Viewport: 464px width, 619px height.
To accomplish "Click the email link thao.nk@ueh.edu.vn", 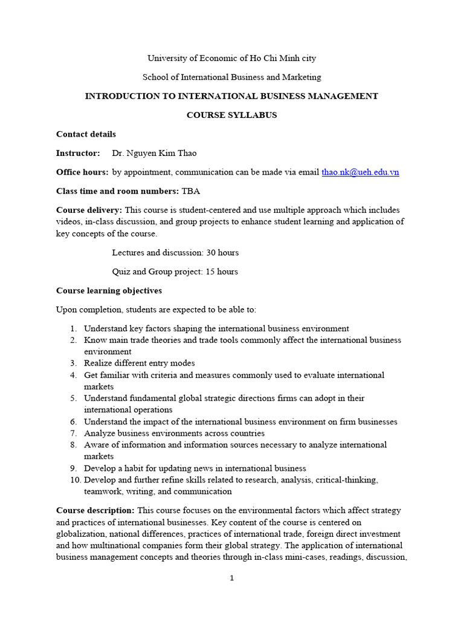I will point(360,172).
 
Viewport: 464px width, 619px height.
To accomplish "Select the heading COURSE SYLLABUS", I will point(231,115).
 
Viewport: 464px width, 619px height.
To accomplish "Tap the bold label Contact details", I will point(86,134).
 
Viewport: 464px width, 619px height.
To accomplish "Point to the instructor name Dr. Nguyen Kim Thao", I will point(155,154).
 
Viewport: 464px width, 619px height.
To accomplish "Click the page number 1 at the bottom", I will point(231,578).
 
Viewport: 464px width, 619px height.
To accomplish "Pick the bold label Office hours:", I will point(82,172).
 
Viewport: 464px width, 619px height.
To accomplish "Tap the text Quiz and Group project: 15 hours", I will point(175,271).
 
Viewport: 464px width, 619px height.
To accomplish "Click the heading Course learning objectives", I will point(109,291).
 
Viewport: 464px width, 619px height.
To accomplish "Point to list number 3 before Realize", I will point(72,363).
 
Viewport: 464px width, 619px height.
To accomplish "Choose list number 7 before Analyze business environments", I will point(72,433).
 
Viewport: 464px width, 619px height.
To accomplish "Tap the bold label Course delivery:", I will point(89,210).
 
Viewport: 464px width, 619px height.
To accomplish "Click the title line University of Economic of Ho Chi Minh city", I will point(231,58).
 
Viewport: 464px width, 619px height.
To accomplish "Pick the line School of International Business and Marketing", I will point(231,77).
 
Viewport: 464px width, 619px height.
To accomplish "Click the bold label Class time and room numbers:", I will point(117,191).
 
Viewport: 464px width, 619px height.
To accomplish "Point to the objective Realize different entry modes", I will point(140,363).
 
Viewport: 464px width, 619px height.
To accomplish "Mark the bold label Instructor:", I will point(78,154).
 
